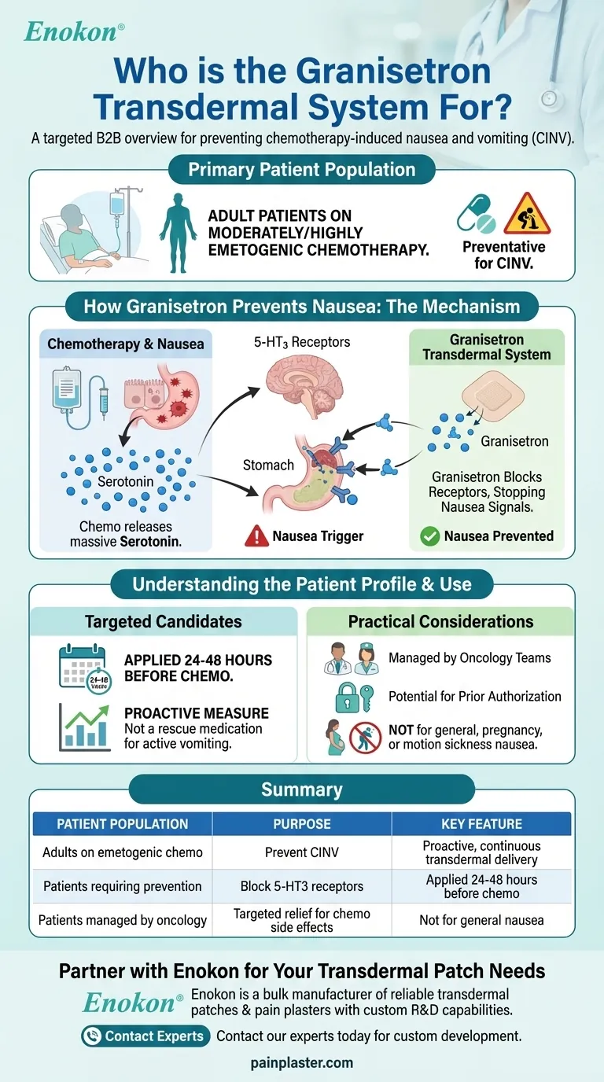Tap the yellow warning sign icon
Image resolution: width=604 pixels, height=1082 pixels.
click(x=528, y=215)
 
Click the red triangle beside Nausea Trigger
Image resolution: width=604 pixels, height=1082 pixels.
click(x=256, y=536)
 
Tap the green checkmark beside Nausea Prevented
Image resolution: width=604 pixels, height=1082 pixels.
click(x=429, y=536)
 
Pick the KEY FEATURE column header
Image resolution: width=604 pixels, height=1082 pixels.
click(x=481, y=824)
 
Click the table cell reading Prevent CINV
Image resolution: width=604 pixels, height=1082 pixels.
click(x=302, y=852)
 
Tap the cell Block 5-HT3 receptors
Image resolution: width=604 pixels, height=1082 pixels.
click(x=302, y=886)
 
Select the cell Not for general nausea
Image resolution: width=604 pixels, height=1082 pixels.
click(x=481, y=919)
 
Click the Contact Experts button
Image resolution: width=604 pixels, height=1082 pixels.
click(x=145, y=1036)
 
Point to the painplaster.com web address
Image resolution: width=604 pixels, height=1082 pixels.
click(x=302, y=1063)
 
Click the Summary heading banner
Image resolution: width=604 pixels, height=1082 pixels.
click(x=302, y=789)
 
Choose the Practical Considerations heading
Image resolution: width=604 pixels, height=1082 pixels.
click(x=440, y=621)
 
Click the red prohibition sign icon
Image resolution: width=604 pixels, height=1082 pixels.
click(x=365, y=738)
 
